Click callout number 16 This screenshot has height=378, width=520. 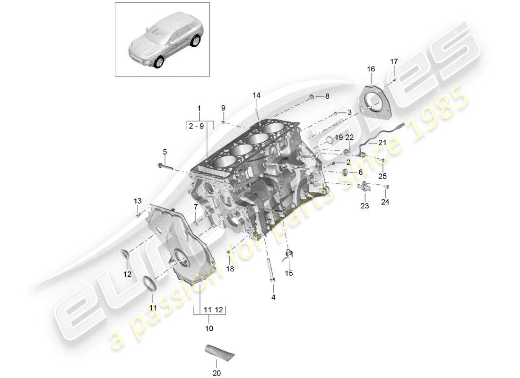[371, 69]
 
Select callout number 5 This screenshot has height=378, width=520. [165, 152]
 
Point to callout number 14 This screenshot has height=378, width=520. [256, 95]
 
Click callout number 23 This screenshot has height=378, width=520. [365, 206]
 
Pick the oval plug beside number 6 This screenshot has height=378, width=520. [345, 171]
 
